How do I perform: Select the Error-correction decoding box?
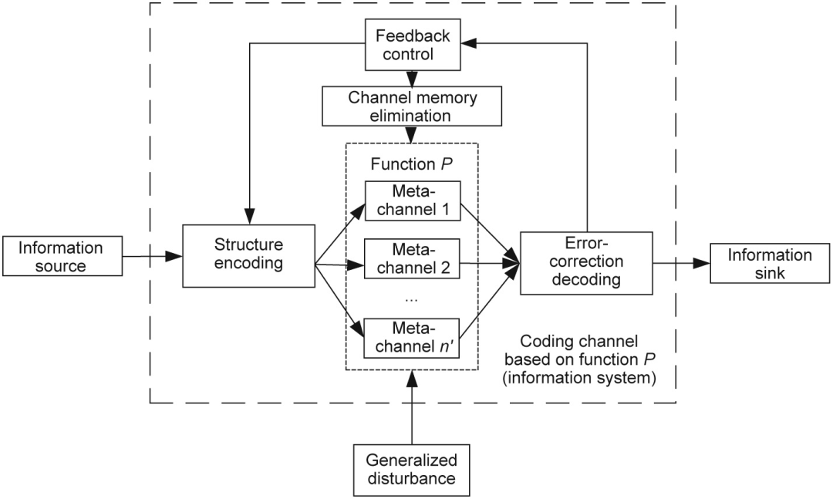(586, 262)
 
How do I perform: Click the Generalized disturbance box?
(412, 468)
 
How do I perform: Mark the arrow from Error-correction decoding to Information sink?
(680, 264)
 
